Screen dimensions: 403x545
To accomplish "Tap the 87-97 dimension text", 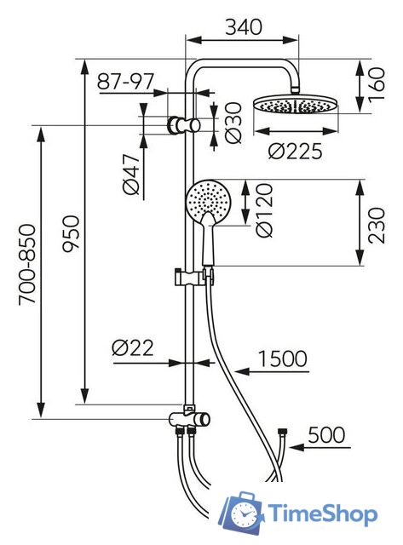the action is click(125, 82).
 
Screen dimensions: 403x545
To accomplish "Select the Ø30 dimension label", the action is click(233, 123).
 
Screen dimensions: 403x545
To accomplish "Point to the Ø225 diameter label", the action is click(295, 152).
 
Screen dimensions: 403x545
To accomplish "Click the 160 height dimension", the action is click(377, 84).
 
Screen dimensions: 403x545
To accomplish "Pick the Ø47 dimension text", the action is click(131, 174).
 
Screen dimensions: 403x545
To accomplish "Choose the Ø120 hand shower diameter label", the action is click(264, 210).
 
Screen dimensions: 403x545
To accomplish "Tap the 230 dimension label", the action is click(377, 226).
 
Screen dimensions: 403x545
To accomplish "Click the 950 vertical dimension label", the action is click(72, 232).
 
